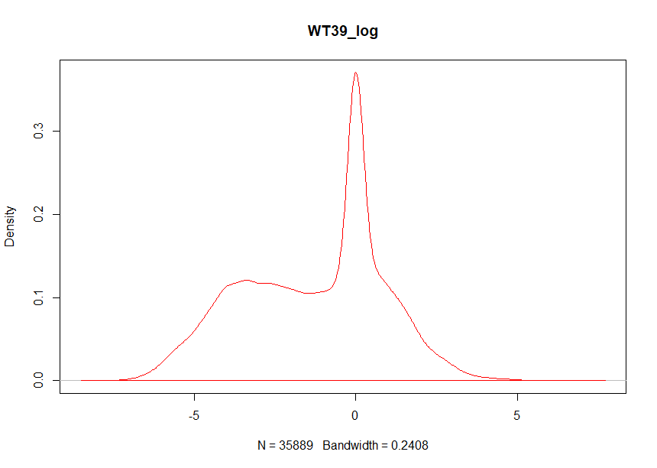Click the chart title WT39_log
pyautogui.click(x=343, y=31)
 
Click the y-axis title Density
pyautogui.click(x=11, y=226)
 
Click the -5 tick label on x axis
pyautogui.click(x=193, y=417)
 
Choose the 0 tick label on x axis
pyautogui.click(x=355, y=417)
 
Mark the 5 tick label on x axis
pyautogui.click(x=517, y=417)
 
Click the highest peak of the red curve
pyautogui.click(x=355, y=73)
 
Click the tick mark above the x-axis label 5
pyautogui.click(x=517, y=398)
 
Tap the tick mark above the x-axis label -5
pyautogui.click(x=193, y=398)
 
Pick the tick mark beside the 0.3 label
pyautogui.click(x=56, y=132)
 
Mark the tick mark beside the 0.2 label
pyautogui.click(x=56, y=215)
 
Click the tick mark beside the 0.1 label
pyautogui.click(x=56, y=297)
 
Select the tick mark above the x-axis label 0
pyautogui.click(x=355, y=398)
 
